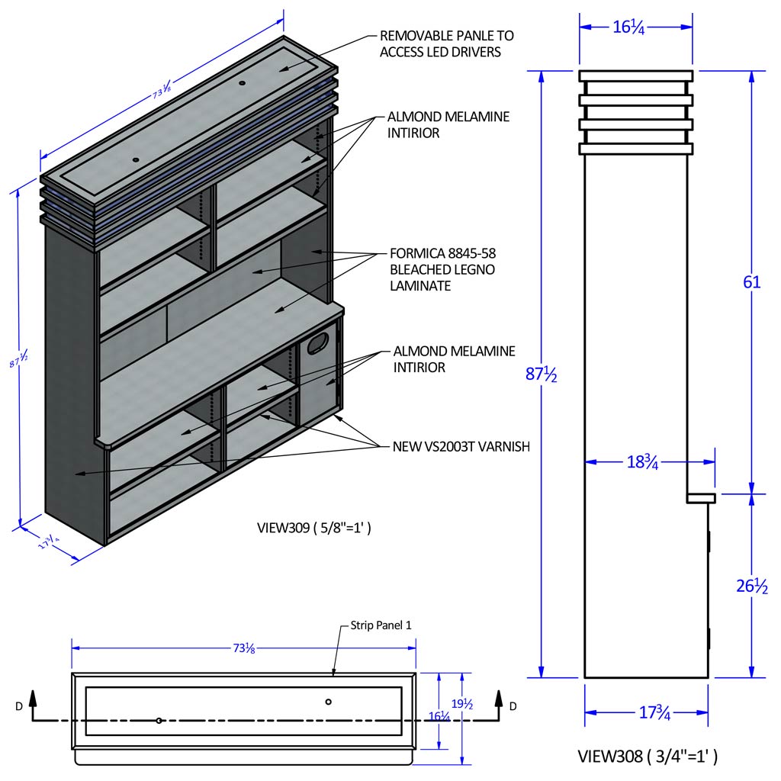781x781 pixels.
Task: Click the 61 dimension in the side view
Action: (752, 281)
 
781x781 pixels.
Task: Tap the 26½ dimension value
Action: (752, 587)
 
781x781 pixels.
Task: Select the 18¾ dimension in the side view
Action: (641, 461)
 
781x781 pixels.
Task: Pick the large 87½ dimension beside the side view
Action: (542, 374)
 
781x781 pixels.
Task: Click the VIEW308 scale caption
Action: (647, 757)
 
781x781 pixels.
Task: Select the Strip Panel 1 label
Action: (381, 625)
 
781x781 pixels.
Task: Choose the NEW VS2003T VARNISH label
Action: (461, 446)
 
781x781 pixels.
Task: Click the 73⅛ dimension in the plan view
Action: (244, 648)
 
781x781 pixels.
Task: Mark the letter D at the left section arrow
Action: (18, 706)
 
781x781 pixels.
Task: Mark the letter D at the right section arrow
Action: (513, 706)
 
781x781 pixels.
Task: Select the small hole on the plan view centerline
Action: (159, 720)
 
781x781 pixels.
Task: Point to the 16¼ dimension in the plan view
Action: (439, 716)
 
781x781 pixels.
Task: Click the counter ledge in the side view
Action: (701, 498)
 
